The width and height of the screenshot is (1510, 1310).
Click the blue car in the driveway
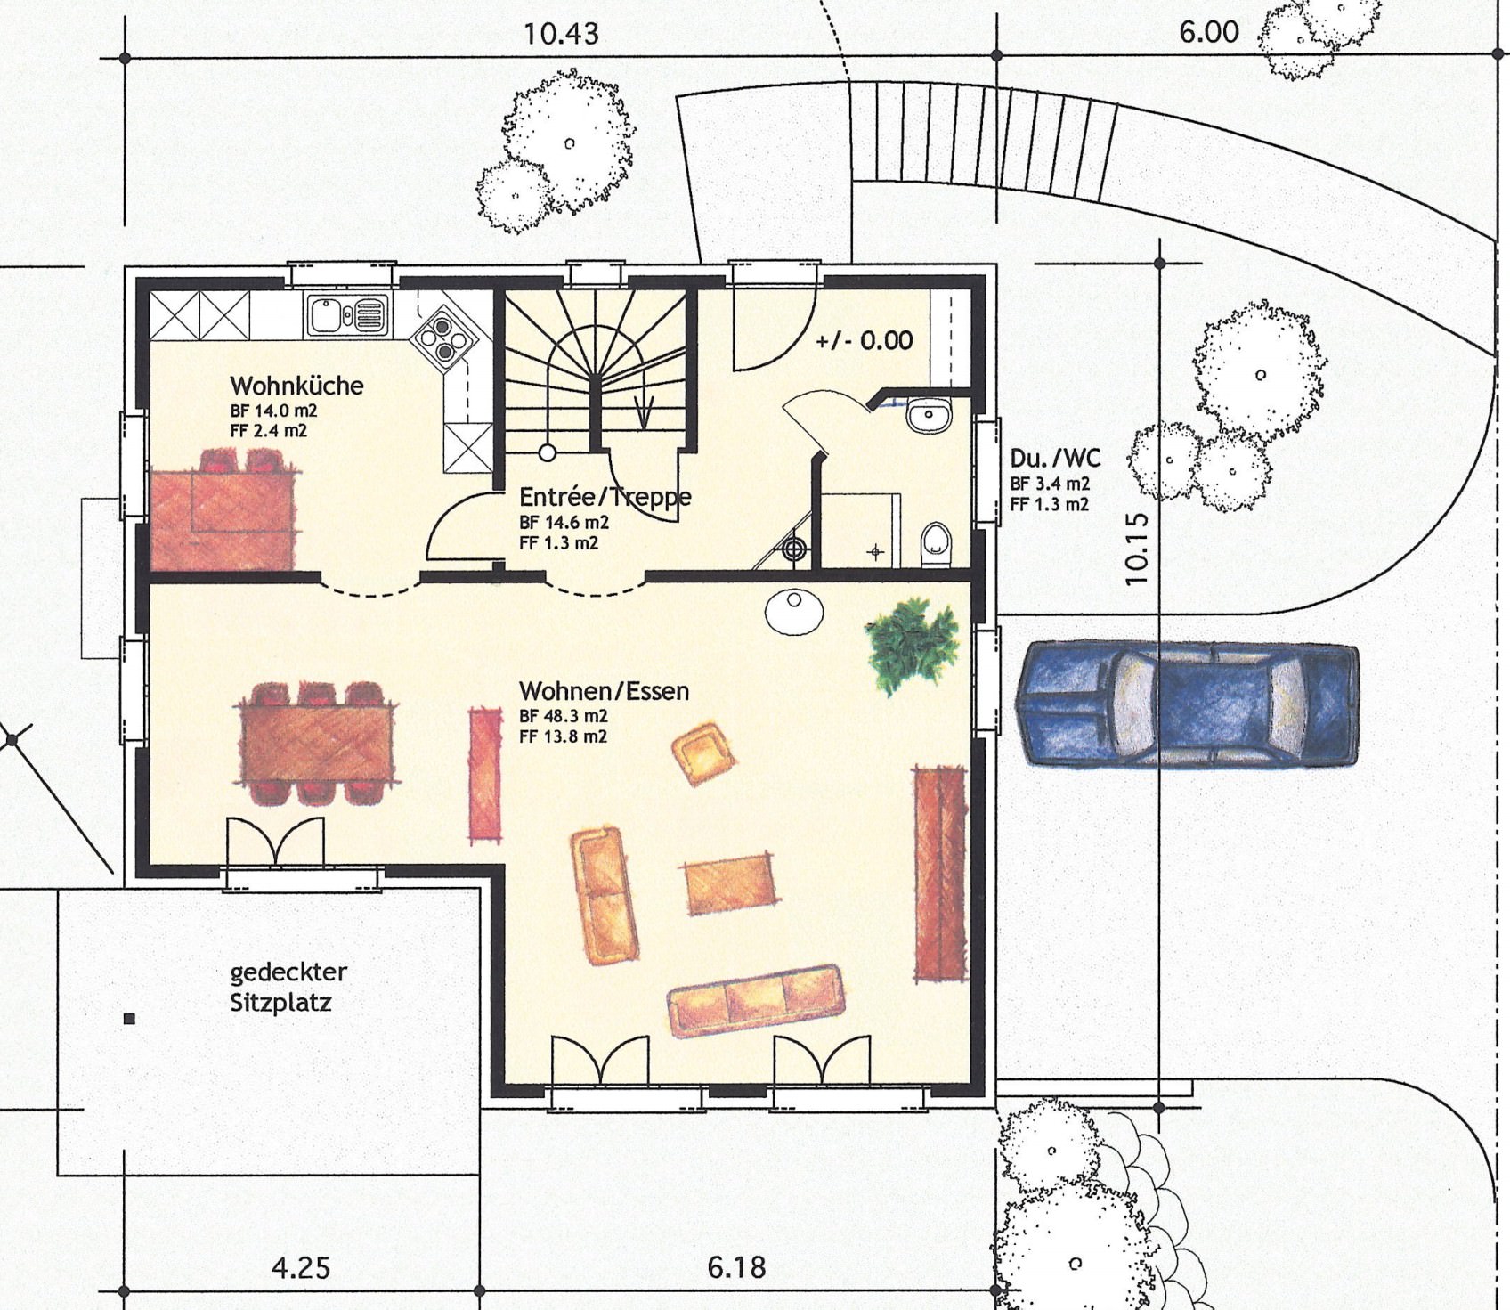pyautogui.click(x=1188, y=704)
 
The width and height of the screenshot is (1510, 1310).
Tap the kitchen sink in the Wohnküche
pyautogui.click(x=348, y=314)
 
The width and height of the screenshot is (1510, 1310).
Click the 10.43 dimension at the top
pyautogui.click(x=561, y=34)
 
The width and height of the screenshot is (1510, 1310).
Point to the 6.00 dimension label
pyautogui.click(x=1208, y=32)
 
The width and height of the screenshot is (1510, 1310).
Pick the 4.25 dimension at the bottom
pyautogui.click(x=301, y=1267)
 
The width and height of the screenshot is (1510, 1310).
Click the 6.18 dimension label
pyautogui.click(x=736, y=1267)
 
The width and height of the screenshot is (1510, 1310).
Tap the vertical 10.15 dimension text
pyautogui.click(x=1136, y=548)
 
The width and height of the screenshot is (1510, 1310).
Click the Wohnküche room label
pyautogui.click(x=296, y=386)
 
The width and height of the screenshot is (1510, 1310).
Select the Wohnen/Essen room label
pyautogui.click(x=604, y=691)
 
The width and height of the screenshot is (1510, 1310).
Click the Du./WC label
pyautogui.click(x=1055, y=459)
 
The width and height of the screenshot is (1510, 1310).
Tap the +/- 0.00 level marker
pyautogui.click(x=864, y=340)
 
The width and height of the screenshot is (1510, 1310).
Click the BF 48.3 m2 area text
pyautogui.click(x=564, y=716)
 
